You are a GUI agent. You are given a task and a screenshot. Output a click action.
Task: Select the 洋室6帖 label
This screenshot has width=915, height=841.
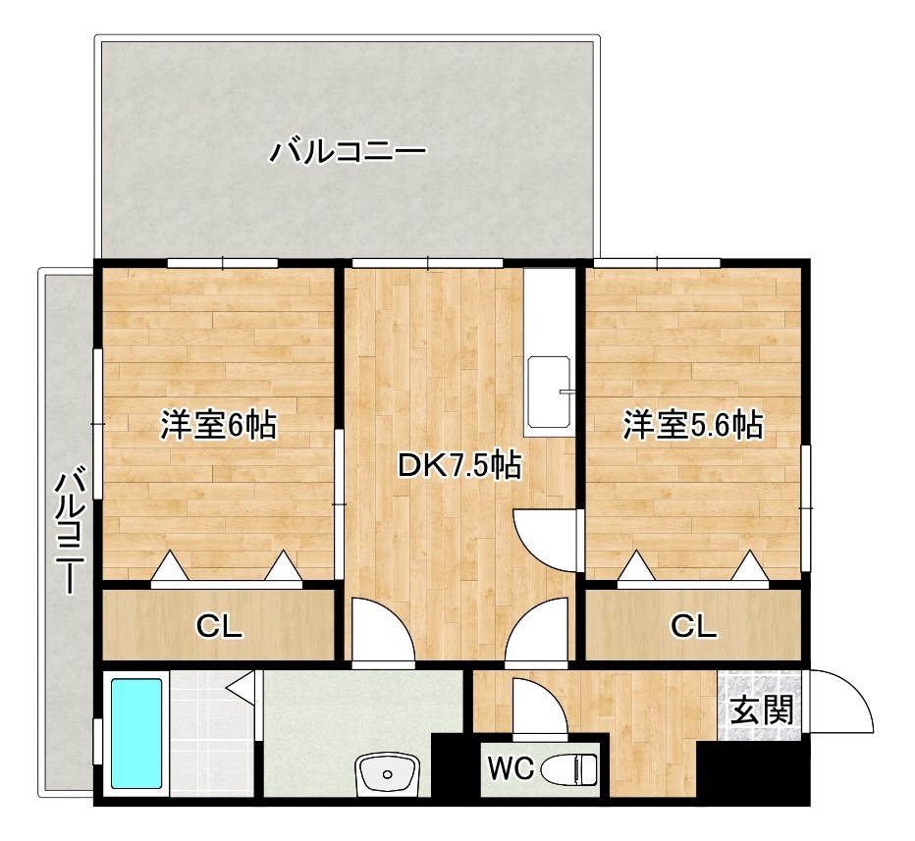click(218, 426)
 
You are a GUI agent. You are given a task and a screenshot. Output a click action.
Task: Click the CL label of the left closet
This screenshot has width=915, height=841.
click(219, 626)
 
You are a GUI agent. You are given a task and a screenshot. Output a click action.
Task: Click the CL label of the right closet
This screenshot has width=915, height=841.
click(694, 626)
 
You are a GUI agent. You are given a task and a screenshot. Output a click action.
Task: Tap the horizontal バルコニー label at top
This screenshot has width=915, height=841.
click(349, 152)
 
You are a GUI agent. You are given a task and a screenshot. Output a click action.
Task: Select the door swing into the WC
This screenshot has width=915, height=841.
click(538, 707)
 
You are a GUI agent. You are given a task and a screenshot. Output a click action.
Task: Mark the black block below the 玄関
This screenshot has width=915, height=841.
click(753, 774)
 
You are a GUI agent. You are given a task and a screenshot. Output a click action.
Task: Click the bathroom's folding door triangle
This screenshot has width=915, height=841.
click(242, 684)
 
